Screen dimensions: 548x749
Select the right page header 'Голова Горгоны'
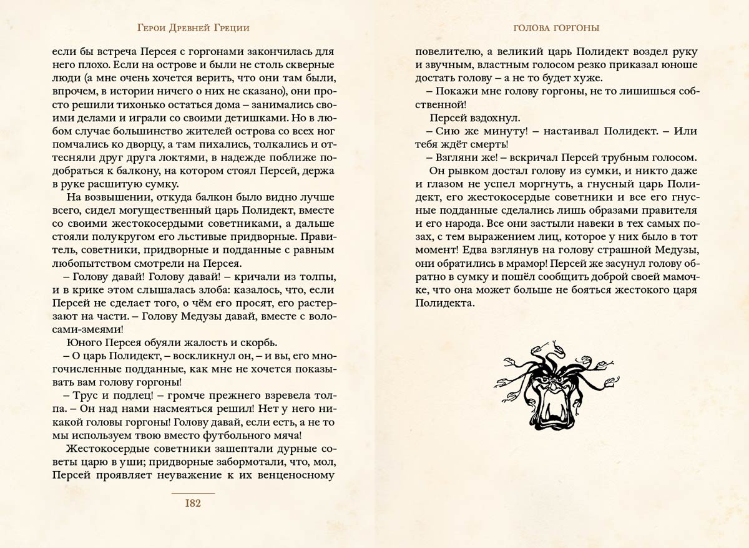[556, 27]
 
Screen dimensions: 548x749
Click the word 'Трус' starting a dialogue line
[84, 395]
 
